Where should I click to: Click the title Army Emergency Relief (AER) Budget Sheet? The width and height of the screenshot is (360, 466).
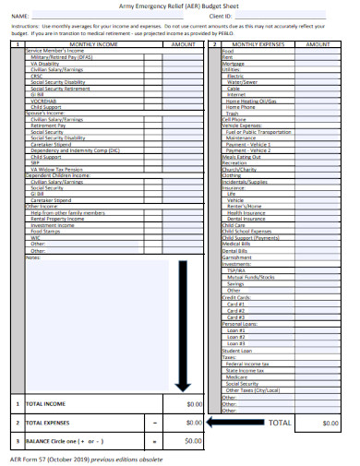[x=181, y=6]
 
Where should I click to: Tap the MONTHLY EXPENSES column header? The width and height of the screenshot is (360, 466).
[x=258, y=43]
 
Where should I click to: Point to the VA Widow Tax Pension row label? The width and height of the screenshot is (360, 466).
[x=63, y=169]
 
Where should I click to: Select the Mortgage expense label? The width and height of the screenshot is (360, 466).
[x=233, y=62]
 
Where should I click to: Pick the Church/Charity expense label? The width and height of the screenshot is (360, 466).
[x=239, y=169]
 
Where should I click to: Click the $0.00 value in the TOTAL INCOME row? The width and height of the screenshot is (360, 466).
[x=193, y=404]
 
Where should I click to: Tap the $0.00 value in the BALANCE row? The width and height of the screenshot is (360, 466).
[x=193, y=441]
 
